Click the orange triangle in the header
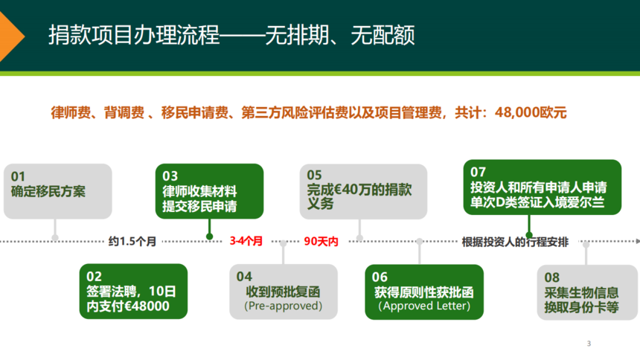(10, 36)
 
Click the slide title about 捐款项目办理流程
(231, 35)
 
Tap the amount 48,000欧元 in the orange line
(531, 112)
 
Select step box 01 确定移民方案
(57, 191)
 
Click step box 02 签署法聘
(133, 291)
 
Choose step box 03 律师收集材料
(209, 191)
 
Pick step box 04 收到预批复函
(284, 292)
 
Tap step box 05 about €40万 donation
(363, 191)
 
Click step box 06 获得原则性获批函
(424, 292)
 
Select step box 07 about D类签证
(543, 187)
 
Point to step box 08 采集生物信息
(587, 292)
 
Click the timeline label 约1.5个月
(132, 241)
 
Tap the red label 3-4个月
(246, 241)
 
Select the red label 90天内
(321, 241)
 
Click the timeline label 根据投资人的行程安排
(515, 242)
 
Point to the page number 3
(589, 344)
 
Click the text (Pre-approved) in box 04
(284, 306)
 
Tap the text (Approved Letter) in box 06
(424, 306)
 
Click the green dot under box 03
(209, 237)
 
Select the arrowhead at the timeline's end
(638, 241)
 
